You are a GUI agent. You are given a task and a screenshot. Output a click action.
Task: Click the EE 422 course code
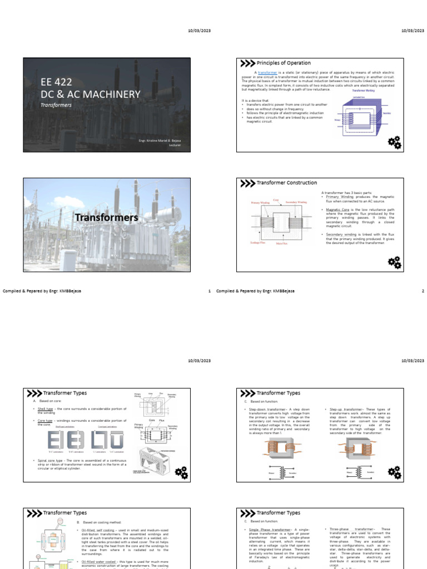(56, 82)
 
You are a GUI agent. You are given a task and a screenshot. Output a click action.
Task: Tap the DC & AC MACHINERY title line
(90, 94)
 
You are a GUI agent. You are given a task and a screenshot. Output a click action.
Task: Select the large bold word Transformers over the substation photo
(106, 217)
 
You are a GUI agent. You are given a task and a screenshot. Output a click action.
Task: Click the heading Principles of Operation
(284, 63)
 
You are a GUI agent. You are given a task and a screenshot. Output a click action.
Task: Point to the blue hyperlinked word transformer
(267, 73)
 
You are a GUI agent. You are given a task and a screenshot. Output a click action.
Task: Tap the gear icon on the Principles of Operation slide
(394, 142)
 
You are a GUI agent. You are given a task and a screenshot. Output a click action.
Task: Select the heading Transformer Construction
(286, 183)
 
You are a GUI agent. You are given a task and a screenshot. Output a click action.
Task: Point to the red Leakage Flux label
(257, 243)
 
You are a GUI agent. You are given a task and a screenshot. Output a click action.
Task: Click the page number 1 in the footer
(209, 291)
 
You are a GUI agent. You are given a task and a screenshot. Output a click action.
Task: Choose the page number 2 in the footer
(423, 291)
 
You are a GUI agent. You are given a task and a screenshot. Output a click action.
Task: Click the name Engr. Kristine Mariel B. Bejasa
(160, 141)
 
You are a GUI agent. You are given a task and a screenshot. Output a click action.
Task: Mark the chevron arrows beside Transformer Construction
(247, 183)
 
